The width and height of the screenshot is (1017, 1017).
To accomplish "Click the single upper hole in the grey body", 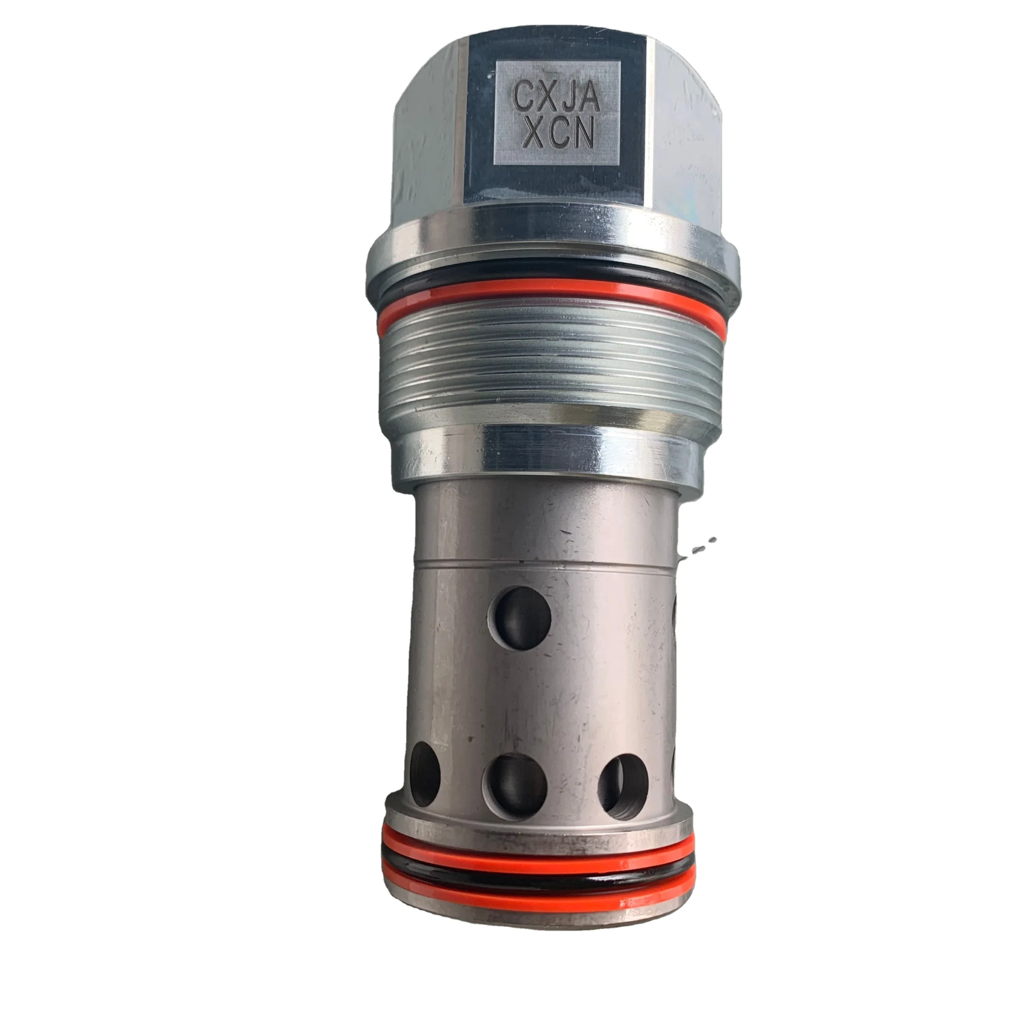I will click(x=519, y=614).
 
